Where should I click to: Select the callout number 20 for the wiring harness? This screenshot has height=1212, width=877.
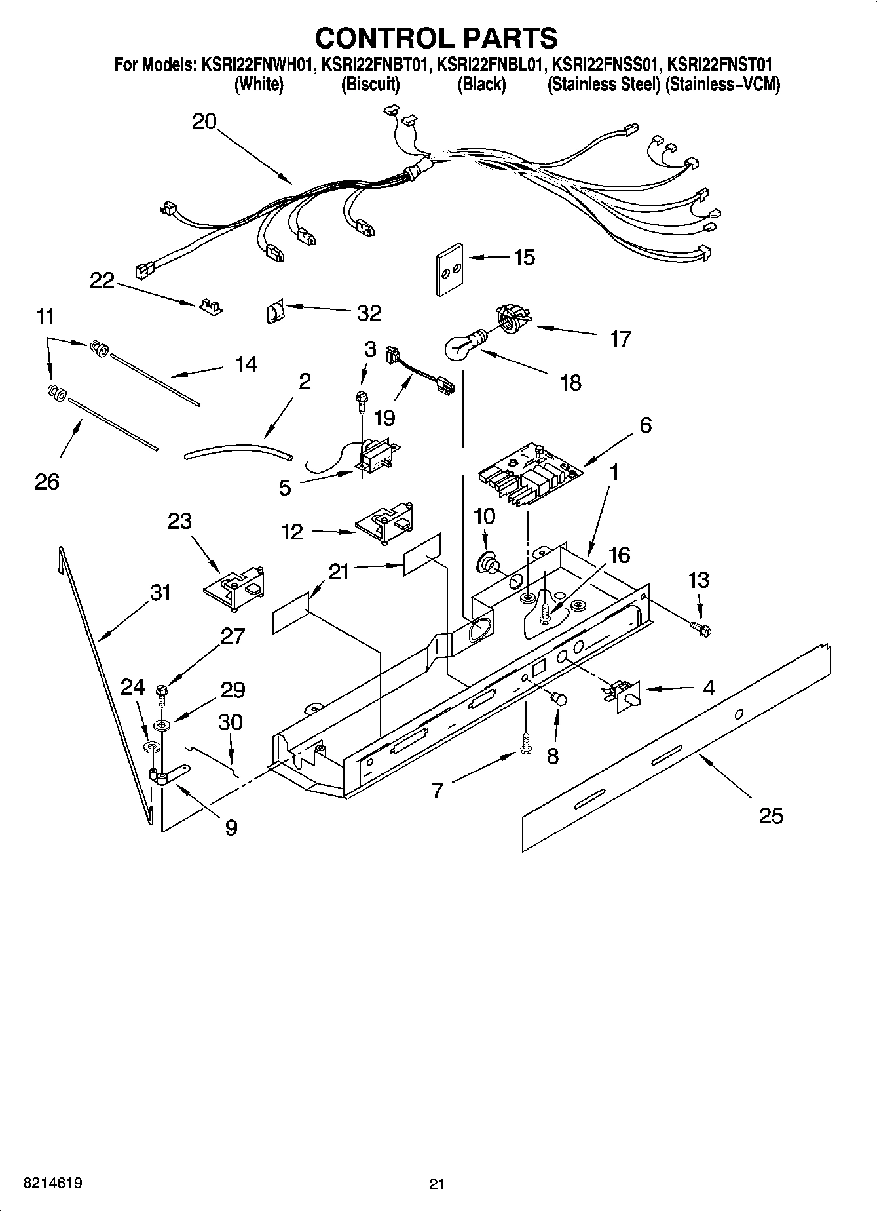tap(204, 121)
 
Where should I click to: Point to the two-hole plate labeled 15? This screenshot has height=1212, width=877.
tap(449, 269)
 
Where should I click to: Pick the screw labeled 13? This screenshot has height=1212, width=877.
tap(703, 630)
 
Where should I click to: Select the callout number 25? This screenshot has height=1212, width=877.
tap(770, 816)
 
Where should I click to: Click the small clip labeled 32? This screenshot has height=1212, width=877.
tap(274, 313)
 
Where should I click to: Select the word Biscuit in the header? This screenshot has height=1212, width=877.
tap(371, 85)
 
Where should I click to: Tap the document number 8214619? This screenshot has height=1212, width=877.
tap(52, 1183)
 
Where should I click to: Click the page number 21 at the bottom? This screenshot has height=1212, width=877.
tap(437, 1184)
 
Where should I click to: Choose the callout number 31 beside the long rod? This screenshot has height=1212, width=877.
tap(160, 593)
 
